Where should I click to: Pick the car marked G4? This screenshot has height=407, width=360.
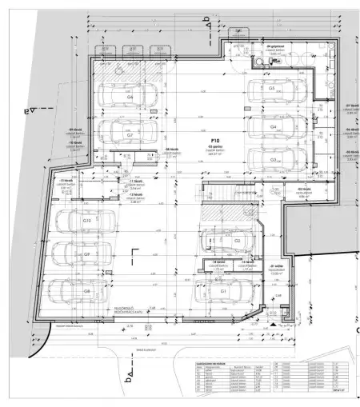pyautogui.click(x=272, y=126)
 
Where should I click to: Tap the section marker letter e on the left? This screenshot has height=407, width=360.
pyautogui.click(x=30, y=111)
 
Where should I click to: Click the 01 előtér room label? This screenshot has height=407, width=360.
pyautogui.click(x=279, y=269)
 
